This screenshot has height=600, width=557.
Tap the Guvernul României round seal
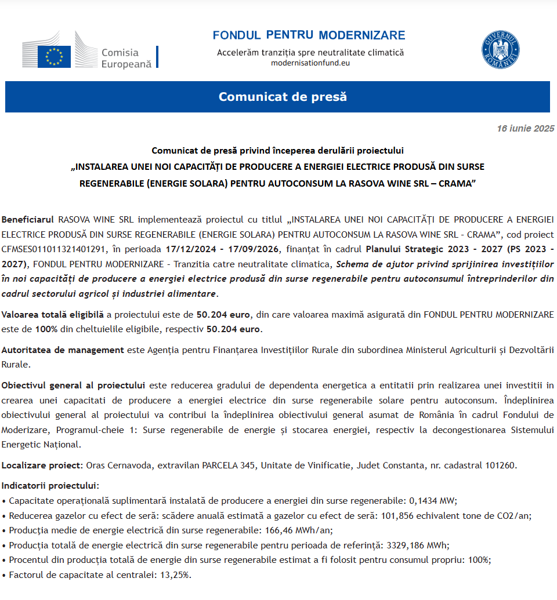[500, 49]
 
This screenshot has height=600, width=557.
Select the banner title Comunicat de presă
[283, 96]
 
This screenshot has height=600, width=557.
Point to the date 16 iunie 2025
[525, 128]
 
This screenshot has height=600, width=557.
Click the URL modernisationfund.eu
[310, 63]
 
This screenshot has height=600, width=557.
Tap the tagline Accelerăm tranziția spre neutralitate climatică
[310, 52]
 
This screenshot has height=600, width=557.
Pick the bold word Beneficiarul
[28, 220]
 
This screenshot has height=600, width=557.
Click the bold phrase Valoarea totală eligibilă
[53, 315]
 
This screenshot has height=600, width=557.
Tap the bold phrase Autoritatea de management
[63, 350]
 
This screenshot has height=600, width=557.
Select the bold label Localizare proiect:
[42, 465]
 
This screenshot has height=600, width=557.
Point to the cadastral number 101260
[500, 465]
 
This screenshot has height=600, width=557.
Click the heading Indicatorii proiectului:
[50, 485]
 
